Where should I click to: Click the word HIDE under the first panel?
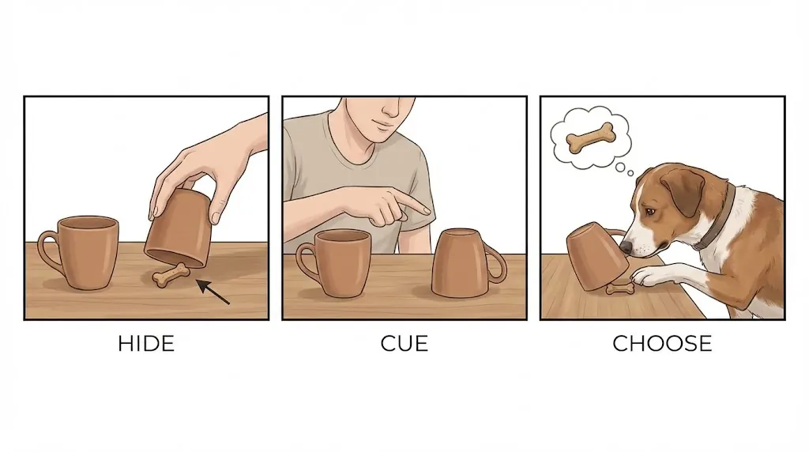(x=145, y=344)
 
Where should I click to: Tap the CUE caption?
(x=404, y=344)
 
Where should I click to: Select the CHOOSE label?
(x=662, y=344)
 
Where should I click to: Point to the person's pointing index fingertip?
(x=427, y=210)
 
